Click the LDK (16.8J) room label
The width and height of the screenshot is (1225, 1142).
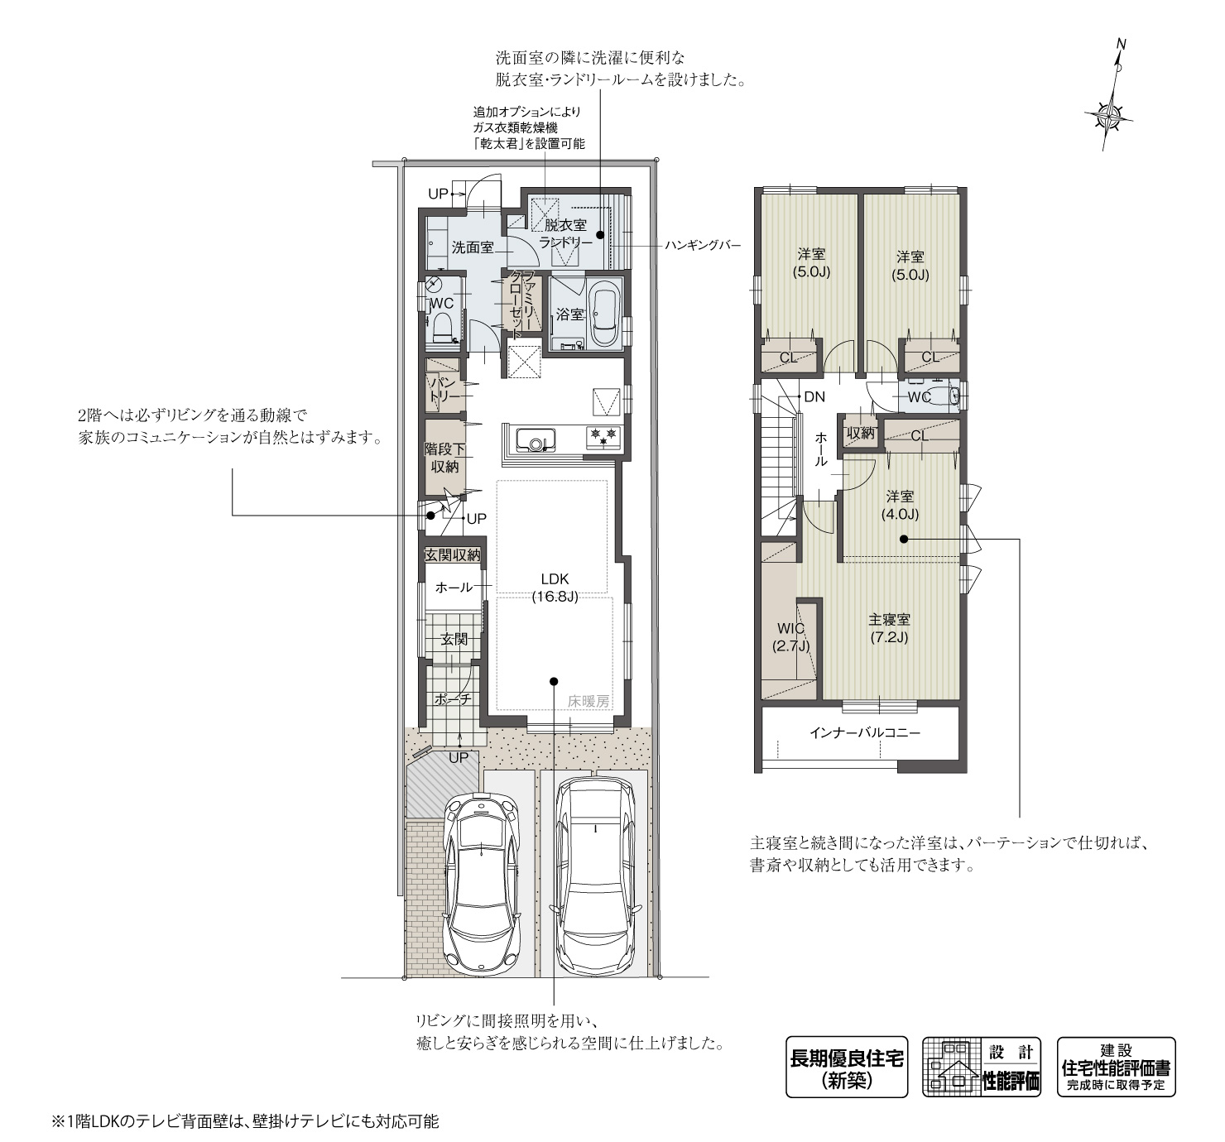pyautogui.click(x=555, y=587)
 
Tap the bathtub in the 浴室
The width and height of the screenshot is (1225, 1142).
pyautogui.click(x=603, y=314)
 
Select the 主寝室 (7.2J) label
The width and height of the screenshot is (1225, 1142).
pyautogui.click(x=889, y=627)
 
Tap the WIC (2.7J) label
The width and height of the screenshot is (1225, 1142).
pyautogui.click(x=790, y=637)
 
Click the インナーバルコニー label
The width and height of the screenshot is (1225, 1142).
pyautogui.click(x=864, y=732)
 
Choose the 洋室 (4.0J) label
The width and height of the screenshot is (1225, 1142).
pyautogui.click(x=901, y=505)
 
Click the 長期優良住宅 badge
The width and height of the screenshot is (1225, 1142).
pyautogui.click(x=846, y=1067)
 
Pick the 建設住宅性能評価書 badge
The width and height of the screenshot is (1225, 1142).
pyautogui.click(x=1116, y=1067)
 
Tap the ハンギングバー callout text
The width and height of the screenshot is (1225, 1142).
pyautogui.click(x=702, y=245)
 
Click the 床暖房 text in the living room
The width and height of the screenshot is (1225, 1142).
pyautogui.click(x=588, y=700)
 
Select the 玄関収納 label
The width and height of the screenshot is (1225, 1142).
pyautogui.click(x=452, y=554)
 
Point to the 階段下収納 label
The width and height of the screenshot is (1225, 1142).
pyautogui.click(x=444, y=458)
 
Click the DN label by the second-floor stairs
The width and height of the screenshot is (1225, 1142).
pyautogui.click(x=814, y=396)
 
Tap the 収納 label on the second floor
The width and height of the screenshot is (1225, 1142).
pyautogui.click(x=861, y=433)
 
